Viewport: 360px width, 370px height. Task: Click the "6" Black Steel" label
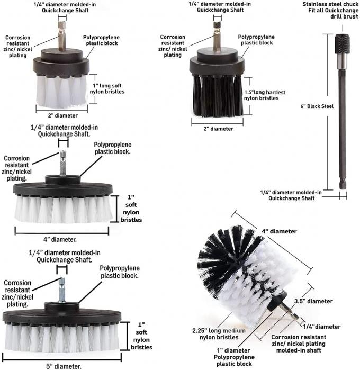click(x=317, y=106)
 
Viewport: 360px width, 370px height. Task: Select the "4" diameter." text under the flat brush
click(x=61, y=239)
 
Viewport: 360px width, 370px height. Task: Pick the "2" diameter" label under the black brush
click(x=219, y=129)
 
